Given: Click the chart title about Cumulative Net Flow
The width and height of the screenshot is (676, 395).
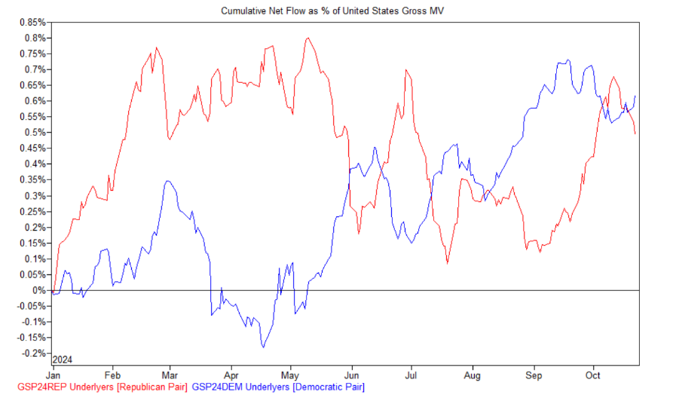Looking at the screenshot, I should click(338, 11).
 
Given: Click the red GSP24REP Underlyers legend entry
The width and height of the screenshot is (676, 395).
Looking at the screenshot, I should click(96, 387).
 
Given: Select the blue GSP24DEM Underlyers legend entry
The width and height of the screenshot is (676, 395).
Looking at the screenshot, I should click(279, 387).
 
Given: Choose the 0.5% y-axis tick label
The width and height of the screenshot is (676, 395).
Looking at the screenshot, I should click(36, 133).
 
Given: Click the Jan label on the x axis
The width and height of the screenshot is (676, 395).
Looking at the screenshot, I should click(55, 375).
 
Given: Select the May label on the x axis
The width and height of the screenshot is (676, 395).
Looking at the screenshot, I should click(290, 375).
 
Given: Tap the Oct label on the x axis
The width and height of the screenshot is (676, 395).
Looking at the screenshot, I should click(593, 375).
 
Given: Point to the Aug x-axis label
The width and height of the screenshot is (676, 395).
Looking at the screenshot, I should click(473, 375).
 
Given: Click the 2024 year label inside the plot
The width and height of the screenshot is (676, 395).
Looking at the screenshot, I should click(63, 358).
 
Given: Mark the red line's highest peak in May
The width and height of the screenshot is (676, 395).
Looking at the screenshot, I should click(307, 38).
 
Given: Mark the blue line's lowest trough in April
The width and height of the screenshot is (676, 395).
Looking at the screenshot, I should click(263, 347).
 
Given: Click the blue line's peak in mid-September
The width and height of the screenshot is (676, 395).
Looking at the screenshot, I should click(568, 60).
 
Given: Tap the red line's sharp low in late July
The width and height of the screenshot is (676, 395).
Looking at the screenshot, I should click(448, 262).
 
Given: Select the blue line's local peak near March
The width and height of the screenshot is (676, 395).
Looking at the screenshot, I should click(167, 181).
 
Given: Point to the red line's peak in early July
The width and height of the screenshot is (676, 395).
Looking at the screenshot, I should click(406, 70).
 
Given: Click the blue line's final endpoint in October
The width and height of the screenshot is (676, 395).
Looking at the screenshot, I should click(636, 96).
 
